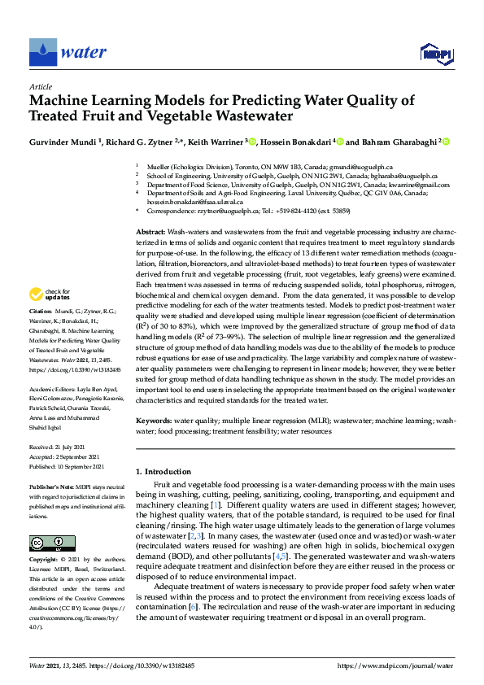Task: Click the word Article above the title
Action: (x=41, y=87)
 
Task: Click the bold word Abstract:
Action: (x=150, y=232)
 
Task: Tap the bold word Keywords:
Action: (x=154, y=421)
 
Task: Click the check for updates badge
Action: (x=51, y=295)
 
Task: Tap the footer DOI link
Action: (x=152, y=665)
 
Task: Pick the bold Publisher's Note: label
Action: (x=52, y=486)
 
